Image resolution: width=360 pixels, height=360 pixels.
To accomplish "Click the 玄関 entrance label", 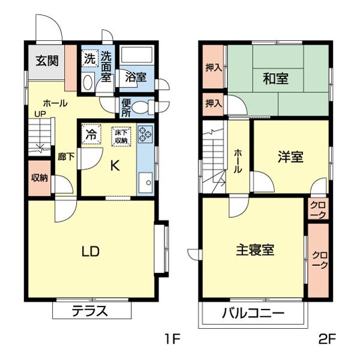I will (x=46, y=61).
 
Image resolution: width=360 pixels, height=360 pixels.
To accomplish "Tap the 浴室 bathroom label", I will (x=136, y=77).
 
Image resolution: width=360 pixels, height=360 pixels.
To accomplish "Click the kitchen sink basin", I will (x=145, y=182).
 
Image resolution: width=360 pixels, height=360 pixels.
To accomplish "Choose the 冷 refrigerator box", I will (x=91, y=133).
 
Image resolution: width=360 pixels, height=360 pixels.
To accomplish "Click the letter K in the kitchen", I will (x=113, y=166).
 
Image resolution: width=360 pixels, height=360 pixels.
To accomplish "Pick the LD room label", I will (x=90, y=250).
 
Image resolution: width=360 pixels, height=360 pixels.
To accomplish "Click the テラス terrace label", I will (x=90, y=311).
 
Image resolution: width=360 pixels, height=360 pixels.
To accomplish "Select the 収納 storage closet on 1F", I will (x=40, y=178).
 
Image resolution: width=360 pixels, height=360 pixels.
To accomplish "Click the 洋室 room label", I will (x=290, y=157).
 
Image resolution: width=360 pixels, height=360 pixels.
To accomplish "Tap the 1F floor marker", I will (x=172, y=340).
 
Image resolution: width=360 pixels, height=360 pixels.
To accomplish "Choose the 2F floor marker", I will (x=326, y=340).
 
